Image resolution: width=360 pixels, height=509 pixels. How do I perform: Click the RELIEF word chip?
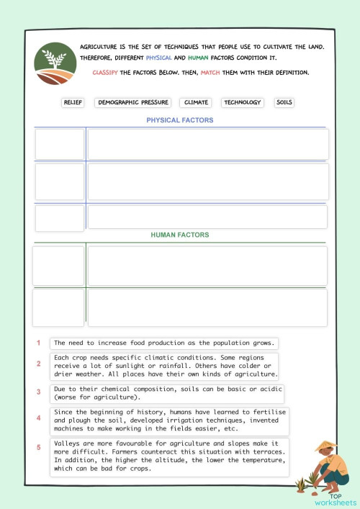[x=73, y=103]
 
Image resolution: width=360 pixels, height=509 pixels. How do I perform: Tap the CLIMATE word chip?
[x=196, y=103]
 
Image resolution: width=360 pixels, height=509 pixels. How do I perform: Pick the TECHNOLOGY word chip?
[x=243, y=103]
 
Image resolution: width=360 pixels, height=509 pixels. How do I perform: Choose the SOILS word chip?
[x=284, y=103]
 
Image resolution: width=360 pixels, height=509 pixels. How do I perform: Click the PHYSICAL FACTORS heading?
[x=180, y=120]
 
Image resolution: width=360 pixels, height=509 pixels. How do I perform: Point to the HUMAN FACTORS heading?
[x=180, y=235]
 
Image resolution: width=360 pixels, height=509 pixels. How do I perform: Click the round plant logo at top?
[x=55, y=64]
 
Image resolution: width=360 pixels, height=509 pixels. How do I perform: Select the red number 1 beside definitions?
[x=39, y=343]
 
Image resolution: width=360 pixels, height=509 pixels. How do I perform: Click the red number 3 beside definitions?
[x=39, y=392]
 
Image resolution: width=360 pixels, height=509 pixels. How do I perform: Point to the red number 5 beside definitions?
[x=39, y=448]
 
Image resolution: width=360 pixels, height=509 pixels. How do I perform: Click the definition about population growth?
[x=164, y=343]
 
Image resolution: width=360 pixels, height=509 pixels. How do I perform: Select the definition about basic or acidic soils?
[x=167, y=393]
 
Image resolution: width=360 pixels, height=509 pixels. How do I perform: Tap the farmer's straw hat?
[x=326, y=447]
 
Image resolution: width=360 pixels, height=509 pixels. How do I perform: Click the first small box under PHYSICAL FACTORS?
[x=60, y=144]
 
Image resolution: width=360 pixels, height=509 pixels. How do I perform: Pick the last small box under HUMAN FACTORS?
[x=59, y=307]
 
